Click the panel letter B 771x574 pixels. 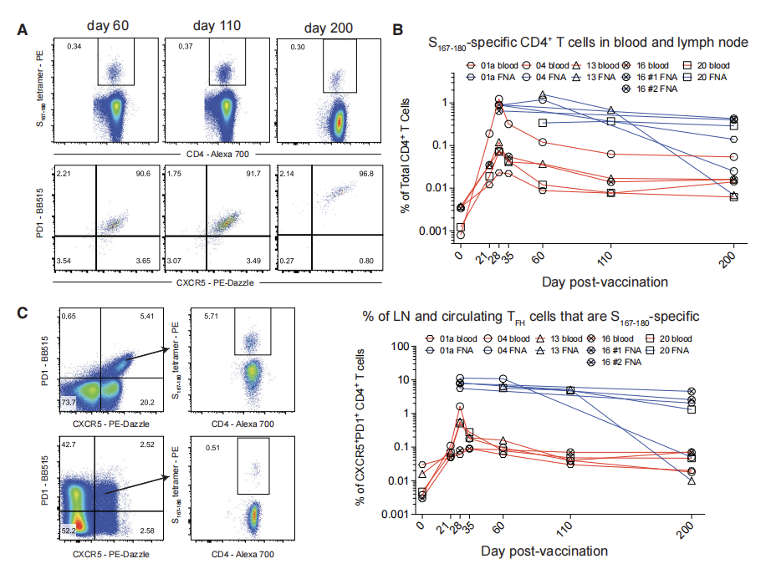coord(399,30)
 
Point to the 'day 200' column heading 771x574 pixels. coord(328,28)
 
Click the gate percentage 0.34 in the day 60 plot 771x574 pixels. coord(75,45)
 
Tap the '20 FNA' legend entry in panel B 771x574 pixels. coord(711,76)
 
